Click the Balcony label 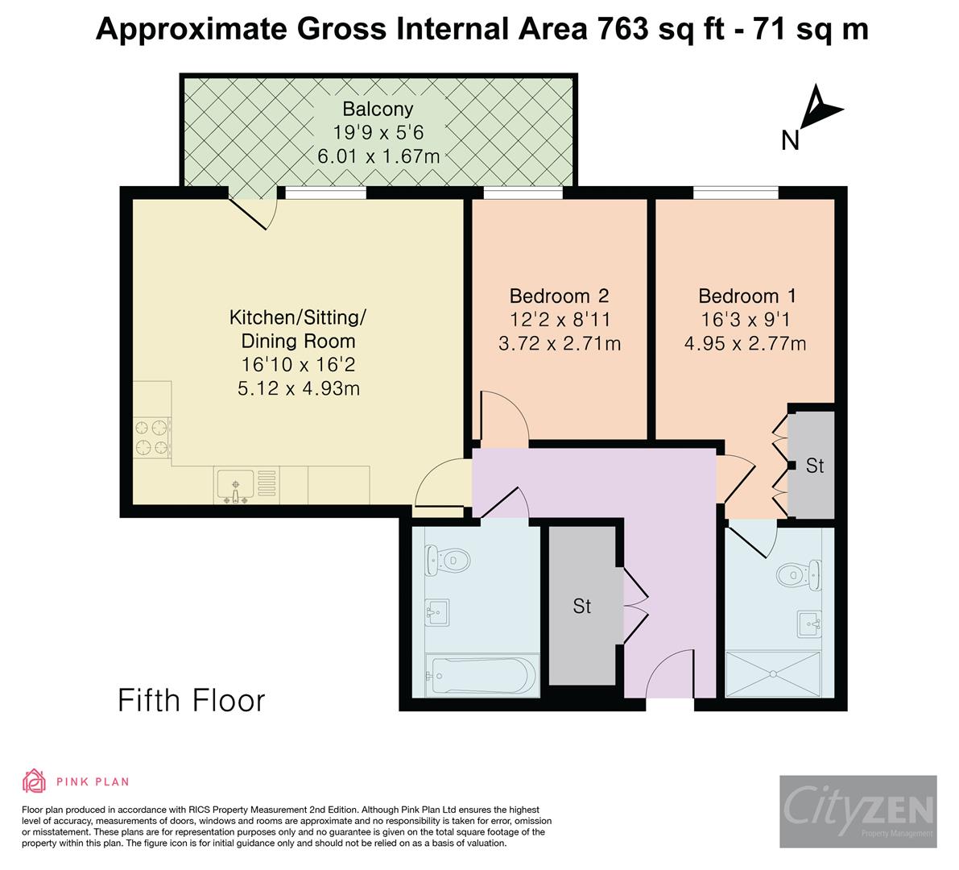[x=378, y=109]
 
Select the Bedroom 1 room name [x=746, y=296]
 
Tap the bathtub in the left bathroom [x=481, y=674]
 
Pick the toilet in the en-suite [x=799, y=574]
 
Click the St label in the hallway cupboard [x=581, y=606]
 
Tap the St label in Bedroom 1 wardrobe [x=814, y=466]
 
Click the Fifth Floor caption [x=192, y=700]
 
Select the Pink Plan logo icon [x=35, y=781]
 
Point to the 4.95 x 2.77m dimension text [x=745, y=344]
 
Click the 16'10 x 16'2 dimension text [x=299, y=365]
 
